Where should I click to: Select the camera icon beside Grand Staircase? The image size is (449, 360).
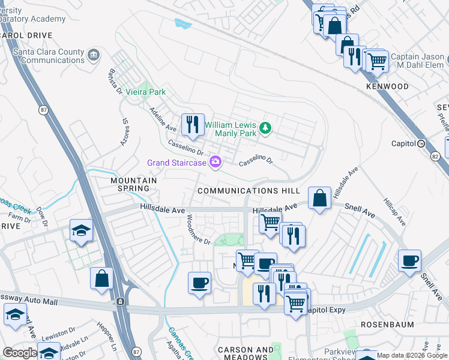tap(215, 163)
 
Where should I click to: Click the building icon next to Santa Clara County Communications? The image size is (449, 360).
tap(94, 56)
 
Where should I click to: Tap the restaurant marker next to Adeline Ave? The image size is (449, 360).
tap(193, 125)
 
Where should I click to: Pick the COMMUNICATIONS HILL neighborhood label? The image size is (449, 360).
tap(249, 191)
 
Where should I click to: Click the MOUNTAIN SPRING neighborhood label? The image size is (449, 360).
tap(133, 184)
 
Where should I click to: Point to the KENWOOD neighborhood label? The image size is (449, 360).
tap(387, 87)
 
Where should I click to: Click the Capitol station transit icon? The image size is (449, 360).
tap(421, 144)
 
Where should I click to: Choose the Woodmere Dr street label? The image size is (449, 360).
tap(198, 230)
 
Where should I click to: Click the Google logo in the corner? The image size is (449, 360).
tap(19, 353)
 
